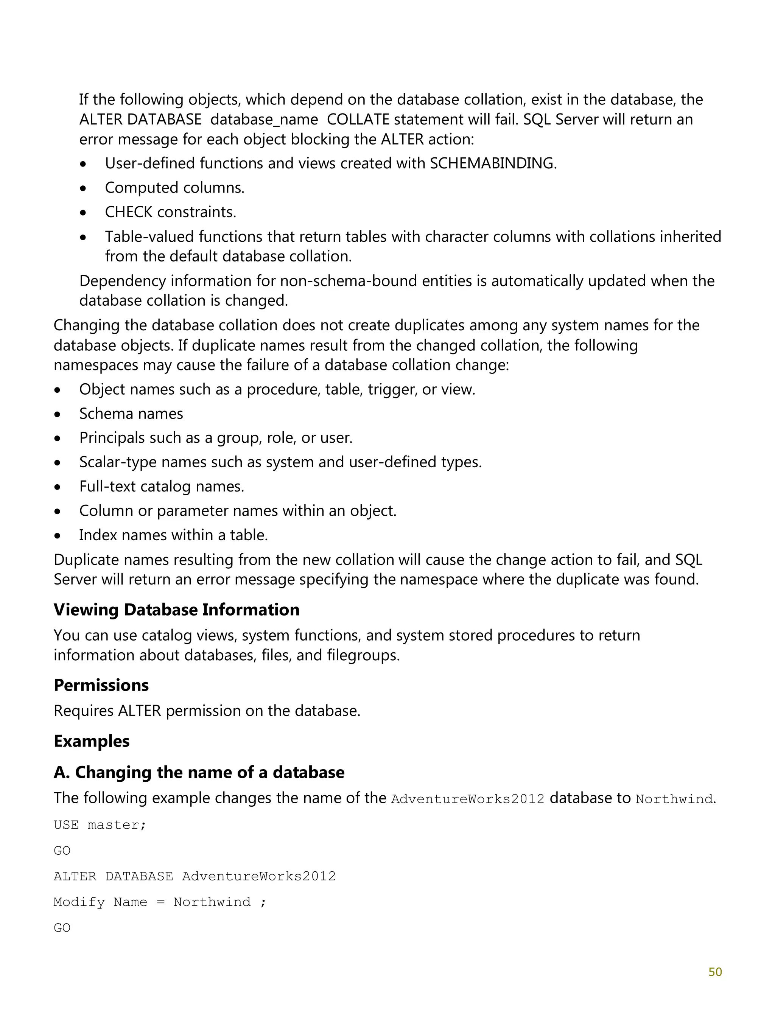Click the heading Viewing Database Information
[176, 610]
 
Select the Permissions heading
[101, 685]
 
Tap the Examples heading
[91, 741]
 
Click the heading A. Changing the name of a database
[199, 772]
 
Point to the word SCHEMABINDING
[492, 163]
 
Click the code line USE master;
[100, 824]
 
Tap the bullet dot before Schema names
[57, 414]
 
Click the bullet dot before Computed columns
[83, 188]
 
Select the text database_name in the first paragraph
[264, 120]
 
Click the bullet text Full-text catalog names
[161, 486]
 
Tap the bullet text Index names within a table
[173, 535]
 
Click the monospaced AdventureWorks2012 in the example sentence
[468, 799]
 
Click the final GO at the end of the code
[62, 928]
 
